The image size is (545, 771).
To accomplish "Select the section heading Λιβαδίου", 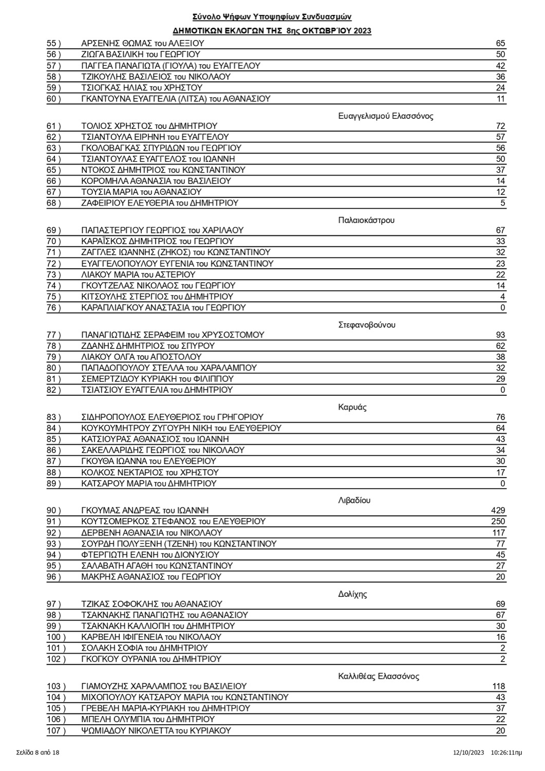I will click(354, 500).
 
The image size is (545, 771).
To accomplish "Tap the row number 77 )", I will click(54, 335).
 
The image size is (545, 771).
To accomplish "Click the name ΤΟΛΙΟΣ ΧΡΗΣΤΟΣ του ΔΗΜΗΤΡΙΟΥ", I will click(149, 126).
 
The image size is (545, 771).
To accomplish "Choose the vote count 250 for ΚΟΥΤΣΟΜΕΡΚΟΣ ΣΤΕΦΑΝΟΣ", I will click(498, 521).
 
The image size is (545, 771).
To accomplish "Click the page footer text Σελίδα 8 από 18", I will click(38, 753).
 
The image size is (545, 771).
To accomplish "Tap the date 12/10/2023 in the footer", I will click(467, 753).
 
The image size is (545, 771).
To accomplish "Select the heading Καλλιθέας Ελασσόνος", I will click(379, 676).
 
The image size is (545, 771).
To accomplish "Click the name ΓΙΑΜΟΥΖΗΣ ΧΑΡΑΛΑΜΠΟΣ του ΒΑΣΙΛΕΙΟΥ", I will click(164, 686).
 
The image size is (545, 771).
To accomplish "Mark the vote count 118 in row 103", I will click(498, 686).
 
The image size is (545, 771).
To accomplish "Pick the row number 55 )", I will click(54, 43).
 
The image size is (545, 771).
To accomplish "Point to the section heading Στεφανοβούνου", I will click(367, 325).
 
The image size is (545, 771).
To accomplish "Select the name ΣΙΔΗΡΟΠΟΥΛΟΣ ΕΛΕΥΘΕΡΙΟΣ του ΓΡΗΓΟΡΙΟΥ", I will click(172, 417).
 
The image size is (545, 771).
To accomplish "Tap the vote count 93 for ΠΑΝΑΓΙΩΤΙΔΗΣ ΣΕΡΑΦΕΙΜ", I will click(500, 335).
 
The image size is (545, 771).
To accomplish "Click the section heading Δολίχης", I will click(352, 594).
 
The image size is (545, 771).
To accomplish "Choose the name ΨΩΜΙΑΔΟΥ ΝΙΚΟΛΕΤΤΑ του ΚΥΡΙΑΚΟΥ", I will click(156, 730).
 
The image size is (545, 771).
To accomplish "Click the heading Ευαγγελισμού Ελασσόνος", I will click(386, 116).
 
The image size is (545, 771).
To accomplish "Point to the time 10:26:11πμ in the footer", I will click(506, 753).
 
